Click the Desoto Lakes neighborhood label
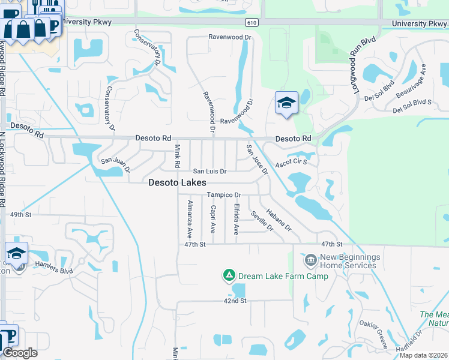(177, 182)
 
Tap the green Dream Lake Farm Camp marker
(229, 275)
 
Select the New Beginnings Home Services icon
(311, 260)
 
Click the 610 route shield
(252, 22)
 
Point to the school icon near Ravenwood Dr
(286, 103)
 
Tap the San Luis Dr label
(209, 172)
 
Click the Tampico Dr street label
(223, 195)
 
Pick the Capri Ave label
(213, 220)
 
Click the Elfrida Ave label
(237, 220)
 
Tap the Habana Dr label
(279, 219)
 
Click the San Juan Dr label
(115, 161)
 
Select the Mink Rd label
(177, 156)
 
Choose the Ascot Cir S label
(291, 162)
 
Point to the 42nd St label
(235, 301)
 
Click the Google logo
(20, 353)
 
